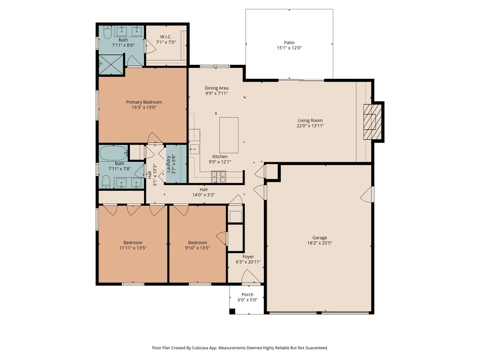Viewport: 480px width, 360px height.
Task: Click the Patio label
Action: click(289, 42)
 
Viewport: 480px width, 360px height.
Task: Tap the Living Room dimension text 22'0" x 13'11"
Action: click(310, 126)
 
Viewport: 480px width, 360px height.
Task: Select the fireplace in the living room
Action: click(372, 121)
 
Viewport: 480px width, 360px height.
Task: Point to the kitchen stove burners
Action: click(218, 176)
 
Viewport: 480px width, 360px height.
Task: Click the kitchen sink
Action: click(194, 150)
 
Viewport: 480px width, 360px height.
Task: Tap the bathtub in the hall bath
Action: click(113, 153)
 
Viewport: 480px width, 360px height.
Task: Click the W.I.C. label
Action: click(165, 37)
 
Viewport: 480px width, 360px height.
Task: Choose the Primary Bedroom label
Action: click(144, 102)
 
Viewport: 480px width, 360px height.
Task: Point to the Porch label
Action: click(247, 295)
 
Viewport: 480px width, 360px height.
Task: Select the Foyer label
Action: click(248, 257)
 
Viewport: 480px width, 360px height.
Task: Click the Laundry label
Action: click(168, 164)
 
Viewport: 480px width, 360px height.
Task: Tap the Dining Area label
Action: click(217, 88)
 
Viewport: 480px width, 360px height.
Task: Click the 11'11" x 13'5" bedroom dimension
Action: click(133, 247)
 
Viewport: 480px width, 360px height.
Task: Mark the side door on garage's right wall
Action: click(367, 195)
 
